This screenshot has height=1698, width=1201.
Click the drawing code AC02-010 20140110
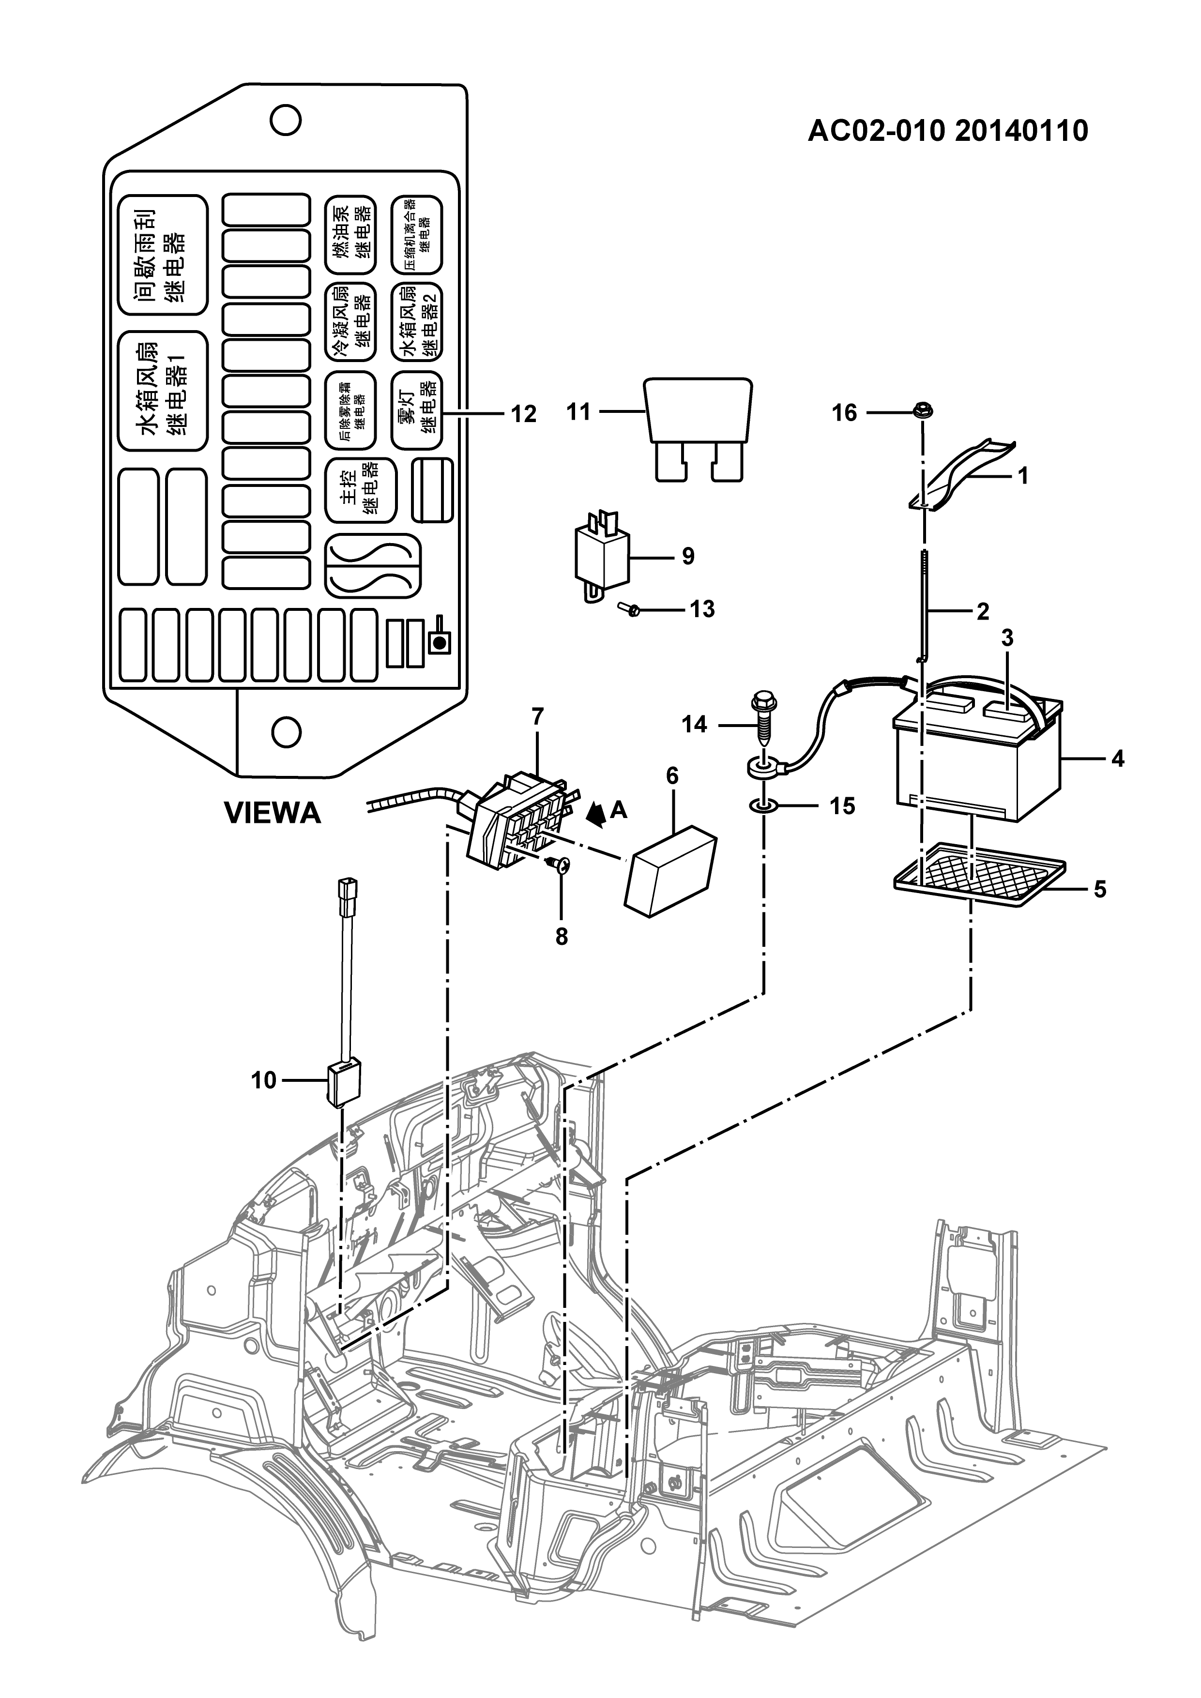(x=947, y=131)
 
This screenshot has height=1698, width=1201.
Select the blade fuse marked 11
(x=699, y=430)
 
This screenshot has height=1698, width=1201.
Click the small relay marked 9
(x=602, y=555)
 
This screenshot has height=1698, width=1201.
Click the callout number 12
(x=524, y=414)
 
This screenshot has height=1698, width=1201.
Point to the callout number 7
(x=538, y=716)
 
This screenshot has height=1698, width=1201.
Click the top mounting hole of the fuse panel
(x=286, y=120)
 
